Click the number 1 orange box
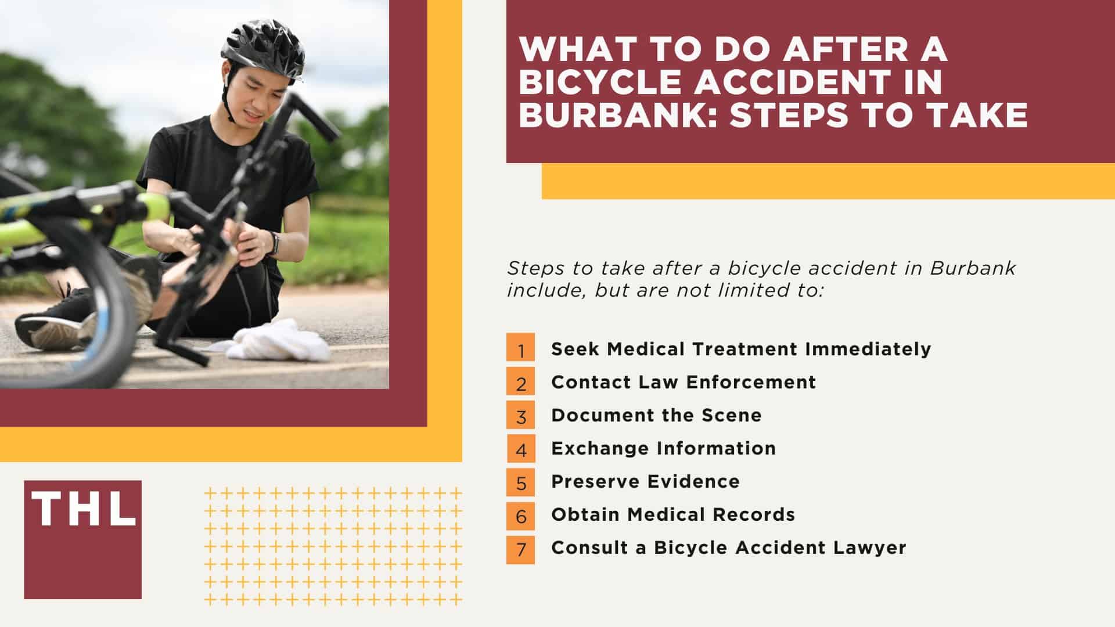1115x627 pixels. (x=520, y=349)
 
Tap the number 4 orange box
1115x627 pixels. (x=520, y=448)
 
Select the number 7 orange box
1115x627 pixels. (x=520, y=548)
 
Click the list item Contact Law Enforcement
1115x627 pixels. (x=684, y=382)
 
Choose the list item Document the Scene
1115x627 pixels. (x=656, y=415)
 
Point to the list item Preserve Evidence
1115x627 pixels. (x=645, y=481)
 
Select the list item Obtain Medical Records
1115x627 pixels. (x=673, y=514)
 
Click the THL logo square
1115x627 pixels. (x=82, y=539)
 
